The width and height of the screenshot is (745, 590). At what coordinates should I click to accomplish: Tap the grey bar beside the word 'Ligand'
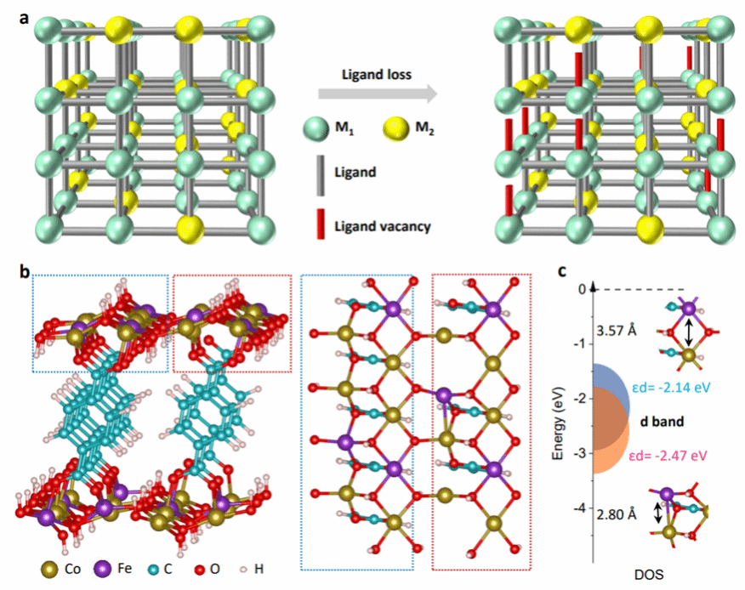316,171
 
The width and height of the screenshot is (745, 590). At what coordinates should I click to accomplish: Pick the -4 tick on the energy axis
582,508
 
